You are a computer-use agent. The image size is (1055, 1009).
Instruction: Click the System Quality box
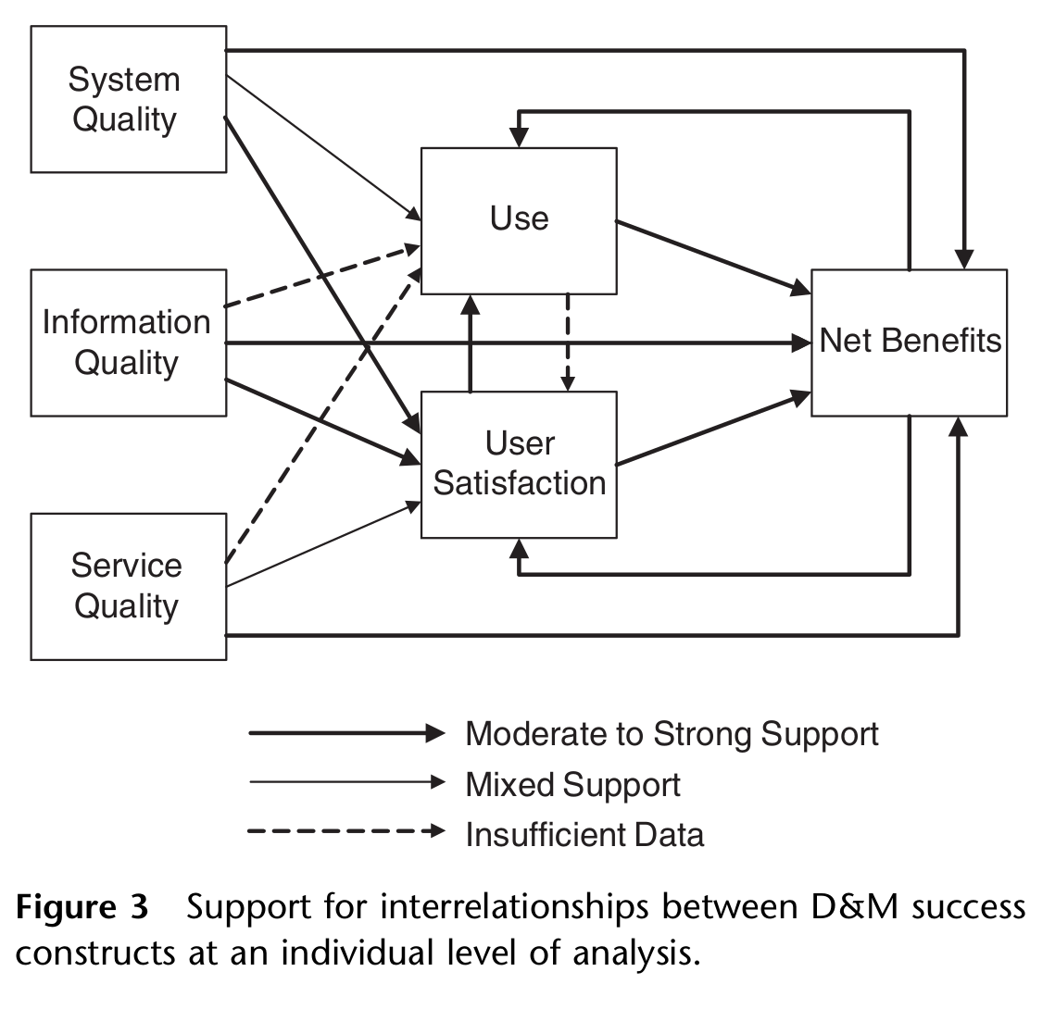pos(129,99)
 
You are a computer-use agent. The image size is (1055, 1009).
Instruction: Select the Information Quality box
pos(129,343)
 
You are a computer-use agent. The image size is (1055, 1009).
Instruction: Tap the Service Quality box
pos(129,586)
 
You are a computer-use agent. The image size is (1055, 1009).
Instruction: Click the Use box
pos(519,220)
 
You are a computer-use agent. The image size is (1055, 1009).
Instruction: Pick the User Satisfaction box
pos(519,464)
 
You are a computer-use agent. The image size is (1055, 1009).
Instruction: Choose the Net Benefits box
pos(909,343)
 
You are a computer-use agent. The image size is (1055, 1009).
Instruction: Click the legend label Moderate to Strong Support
pos(672,734)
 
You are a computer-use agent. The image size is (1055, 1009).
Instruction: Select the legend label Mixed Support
pos(572,785)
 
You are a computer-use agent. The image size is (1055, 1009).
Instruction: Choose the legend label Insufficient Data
pos(584,834)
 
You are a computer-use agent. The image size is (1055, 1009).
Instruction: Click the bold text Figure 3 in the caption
pos(82,908)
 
